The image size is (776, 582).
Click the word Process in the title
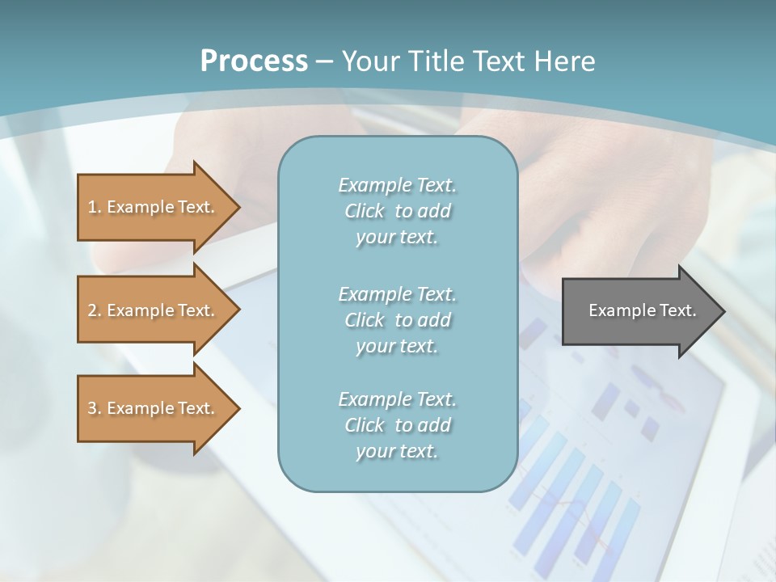click(x=254, y=61)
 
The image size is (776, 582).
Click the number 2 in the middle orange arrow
click(x=92, y=310)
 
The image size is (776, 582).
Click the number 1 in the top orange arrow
click(x=92, y=207)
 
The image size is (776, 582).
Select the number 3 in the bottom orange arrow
click(x=92, y=408)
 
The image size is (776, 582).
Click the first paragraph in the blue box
click(x=397, y=211)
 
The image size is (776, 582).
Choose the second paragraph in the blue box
click(x=397, y=320)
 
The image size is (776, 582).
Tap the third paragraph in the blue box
click(x=397, y=425)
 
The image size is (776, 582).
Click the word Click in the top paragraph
click(x=364, y=211)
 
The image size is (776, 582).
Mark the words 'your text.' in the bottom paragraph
click(x=397, y=451)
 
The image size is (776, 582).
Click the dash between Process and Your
click(x=324, y=61)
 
